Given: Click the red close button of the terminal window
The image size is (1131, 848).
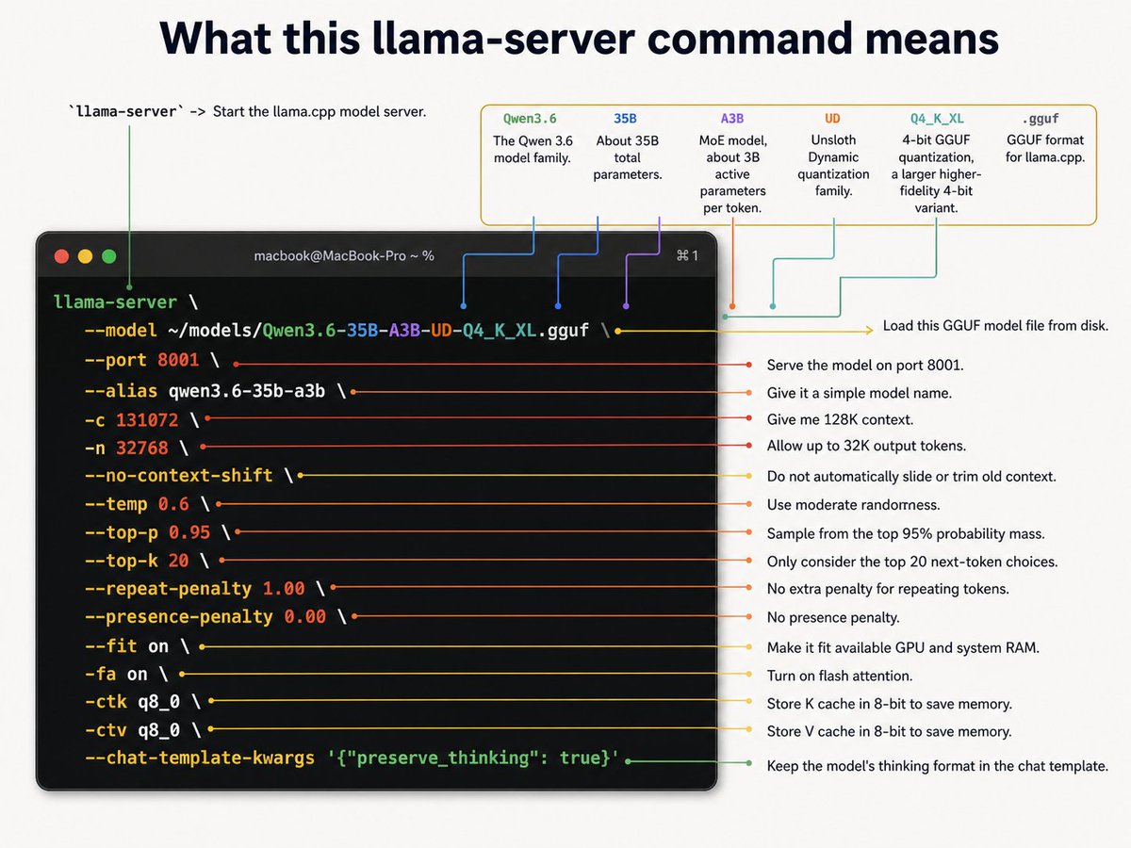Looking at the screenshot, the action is point(62,256).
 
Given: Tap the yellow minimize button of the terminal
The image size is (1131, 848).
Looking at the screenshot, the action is point(86,256).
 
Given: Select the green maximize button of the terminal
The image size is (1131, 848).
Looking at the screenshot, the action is point(109,256).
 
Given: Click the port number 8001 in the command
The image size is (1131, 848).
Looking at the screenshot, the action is point(178,360).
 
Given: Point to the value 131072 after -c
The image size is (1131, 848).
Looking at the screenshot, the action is point(147,420).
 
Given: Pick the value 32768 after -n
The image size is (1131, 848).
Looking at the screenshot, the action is point(142,448).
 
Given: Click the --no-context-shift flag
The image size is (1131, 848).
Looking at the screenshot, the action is point(179,475).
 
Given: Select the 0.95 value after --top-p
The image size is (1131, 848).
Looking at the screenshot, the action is point(189,532).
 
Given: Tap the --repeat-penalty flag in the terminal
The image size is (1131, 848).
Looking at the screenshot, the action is point(169,589).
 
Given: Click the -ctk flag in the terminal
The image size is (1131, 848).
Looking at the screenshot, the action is point(107,702).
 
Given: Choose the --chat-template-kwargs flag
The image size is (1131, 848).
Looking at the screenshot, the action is point(200,758).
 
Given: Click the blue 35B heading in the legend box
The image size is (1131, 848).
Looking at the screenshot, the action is point(626,119).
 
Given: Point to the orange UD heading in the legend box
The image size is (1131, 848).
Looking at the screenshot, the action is point(832,119).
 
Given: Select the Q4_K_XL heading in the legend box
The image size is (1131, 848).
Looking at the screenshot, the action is point(937,119).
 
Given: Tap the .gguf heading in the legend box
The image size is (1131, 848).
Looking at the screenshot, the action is point(1041,119).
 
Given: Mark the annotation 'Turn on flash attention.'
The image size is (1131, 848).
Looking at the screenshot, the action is point(840,676).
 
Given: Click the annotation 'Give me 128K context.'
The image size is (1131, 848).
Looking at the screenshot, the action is point(840,419).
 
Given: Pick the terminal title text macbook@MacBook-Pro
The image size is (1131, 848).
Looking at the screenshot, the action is point(330,256).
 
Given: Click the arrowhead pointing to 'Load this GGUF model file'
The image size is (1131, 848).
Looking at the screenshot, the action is point(870,330).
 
